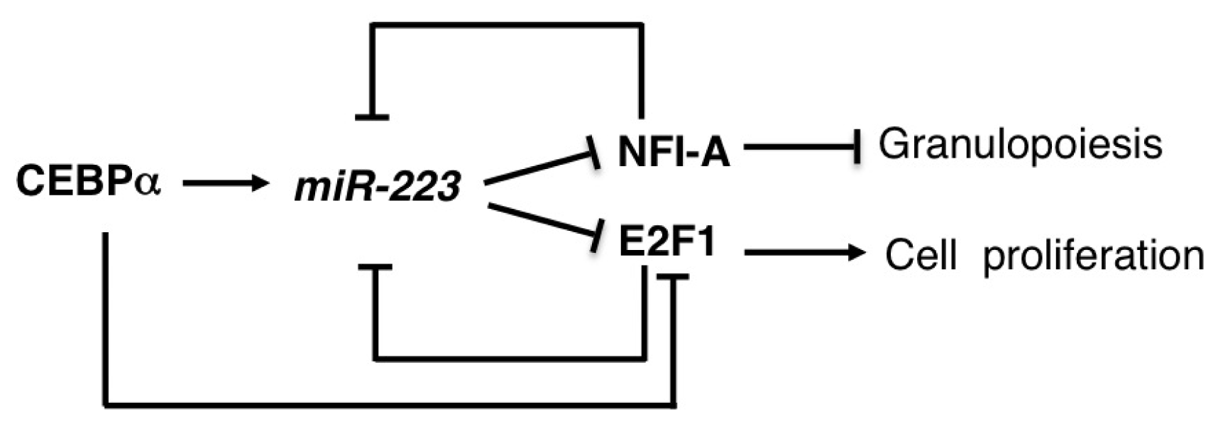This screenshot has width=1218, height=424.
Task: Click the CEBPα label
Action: click(x=88, y=182)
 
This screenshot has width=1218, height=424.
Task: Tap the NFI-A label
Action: click(x=673, y=152)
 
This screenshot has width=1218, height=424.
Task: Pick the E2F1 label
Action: click(x=666, y=244)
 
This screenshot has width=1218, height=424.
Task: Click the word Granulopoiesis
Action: click(x=1020, y=145)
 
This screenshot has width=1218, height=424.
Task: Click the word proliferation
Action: click(x=1093, y=256)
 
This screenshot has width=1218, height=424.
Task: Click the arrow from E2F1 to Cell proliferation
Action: click(x=802, y=251)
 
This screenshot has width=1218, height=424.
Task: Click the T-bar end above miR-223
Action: click(x=372, y=117)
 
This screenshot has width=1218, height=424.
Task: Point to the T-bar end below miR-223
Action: click(x=375, y=268)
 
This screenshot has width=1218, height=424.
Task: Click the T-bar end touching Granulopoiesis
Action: click(x=858, y=147)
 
